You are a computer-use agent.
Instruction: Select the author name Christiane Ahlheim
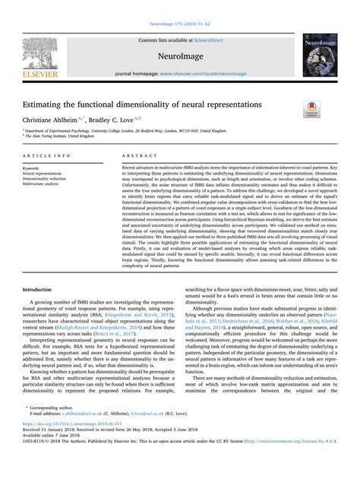click(52, 119)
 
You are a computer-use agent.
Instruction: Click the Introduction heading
click(37, 269)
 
